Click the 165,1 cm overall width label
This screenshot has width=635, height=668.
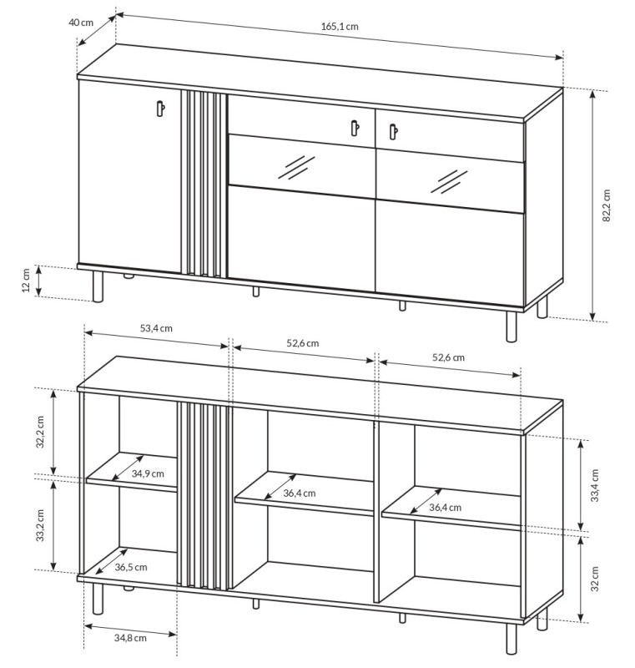(x=339, y=26)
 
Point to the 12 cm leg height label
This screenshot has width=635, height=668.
(x=27, y=281)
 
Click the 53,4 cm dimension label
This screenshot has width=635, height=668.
(x=155, y=328)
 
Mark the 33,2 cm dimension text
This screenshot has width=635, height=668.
(x=40, y=525)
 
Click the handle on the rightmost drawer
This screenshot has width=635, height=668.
(x=391, y=130)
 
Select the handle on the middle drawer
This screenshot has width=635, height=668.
(x=354, y=127)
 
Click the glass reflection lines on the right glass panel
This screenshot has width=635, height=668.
(x=452, y=178)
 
